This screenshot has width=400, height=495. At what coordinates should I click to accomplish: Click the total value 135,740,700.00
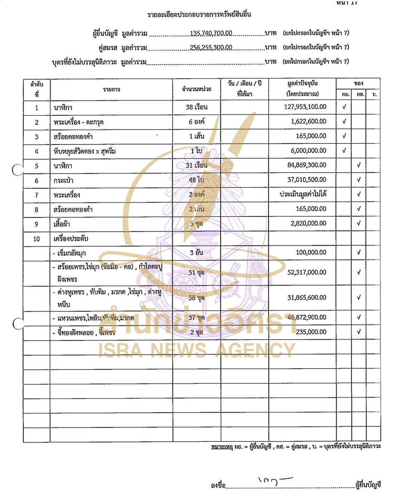point(211,33)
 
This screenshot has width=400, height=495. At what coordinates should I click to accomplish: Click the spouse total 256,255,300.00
point(211,48)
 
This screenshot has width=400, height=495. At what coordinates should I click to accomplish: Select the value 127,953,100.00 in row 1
point(305,107)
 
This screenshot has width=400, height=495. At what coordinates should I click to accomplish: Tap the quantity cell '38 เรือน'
point(197,107)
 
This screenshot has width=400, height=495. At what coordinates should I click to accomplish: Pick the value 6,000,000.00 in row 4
point(309,151)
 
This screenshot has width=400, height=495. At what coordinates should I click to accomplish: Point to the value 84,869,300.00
point(306,165)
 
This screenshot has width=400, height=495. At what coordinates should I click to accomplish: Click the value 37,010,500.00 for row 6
point(306,180)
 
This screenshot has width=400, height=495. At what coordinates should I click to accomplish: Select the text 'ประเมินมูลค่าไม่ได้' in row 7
point(303,194)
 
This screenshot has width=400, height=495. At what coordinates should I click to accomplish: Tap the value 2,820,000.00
point(309,224)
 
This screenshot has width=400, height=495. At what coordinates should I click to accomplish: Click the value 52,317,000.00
point(306,273)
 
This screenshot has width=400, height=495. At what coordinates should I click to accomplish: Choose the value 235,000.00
point(311,332)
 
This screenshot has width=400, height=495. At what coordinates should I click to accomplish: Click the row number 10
point(37,239)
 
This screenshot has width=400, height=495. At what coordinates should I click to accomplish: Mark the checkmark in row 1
point(344,107)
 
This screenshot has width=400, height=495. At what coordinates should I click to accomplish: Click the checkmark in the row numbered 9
point(359,224)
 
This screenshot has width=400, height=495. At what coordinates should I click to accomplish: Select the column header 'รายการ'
point(111,90)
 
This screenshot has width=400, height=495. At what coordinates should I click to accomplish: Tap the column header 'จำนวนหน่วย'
point(197,89)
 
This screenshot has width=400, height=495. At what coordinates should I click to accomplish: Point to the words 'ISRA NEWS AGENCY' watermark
point(197,350)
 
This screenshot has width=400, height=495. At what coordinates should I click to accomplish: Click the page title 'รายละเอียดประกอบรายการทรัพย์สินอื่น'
point(199,15)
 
